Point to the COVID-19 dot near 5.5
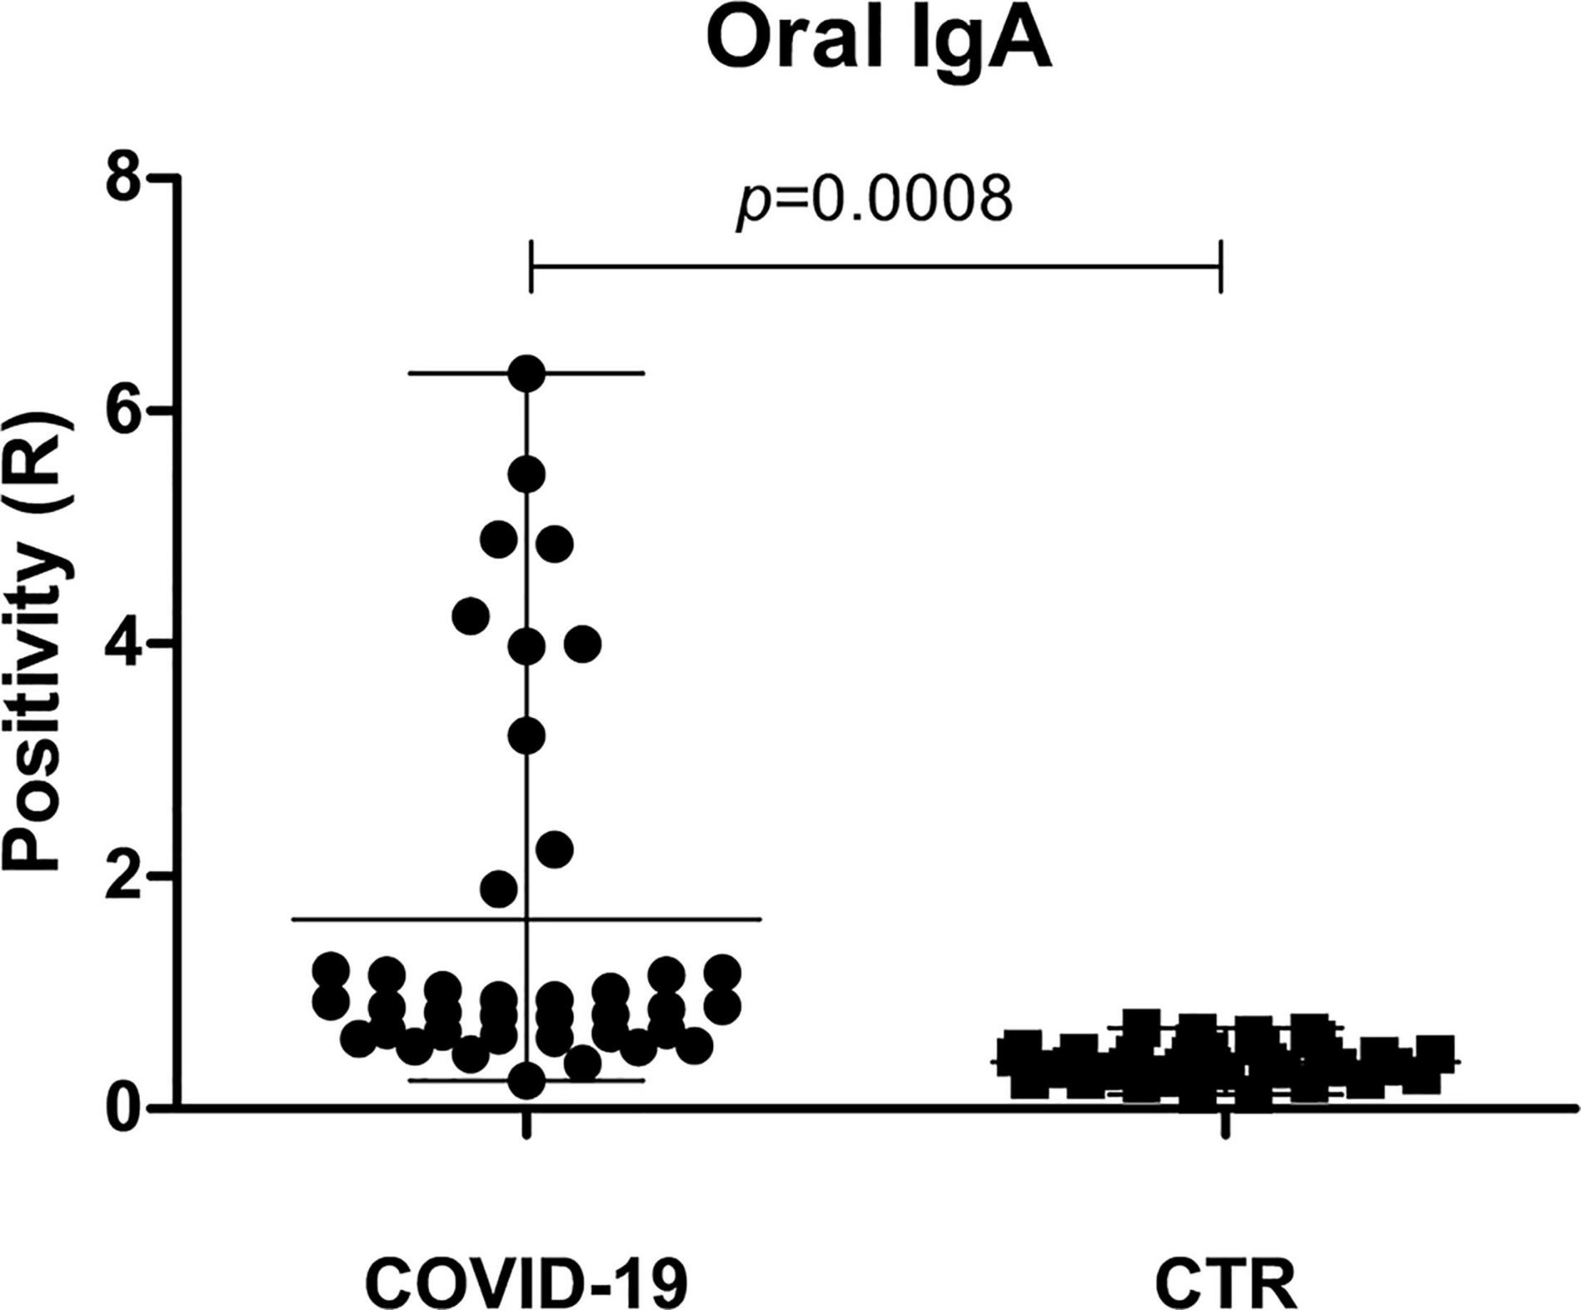click(x=527, y=475)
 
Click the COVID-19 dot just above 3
click(x=527, y=736)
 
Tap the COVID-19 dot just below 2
click(x=499, y=889)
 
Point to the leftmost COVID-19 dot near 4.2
click(x=470, y=616)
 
